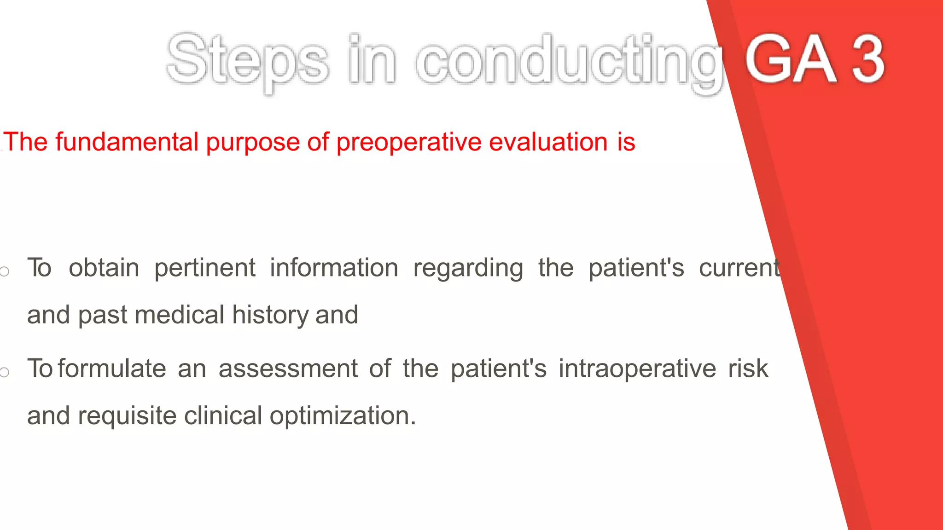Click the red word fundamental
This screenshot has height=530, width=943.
click(127, 142)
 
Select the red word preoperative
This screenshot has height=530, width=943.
click(409, 142)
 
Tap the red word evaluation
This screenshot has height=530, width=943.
click(548, 142)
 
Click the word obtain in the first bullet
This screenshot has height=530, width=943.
click(104, 268)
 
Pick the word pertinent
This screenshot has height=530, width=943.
click(204, 268)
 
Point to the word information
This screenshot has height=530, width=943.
click(334, 268)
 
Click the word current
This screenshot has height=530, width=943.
click(739, 268)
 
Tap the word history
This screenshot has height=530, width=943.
click(270, 316)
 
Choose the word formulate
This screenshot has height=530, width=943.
click(112, 369)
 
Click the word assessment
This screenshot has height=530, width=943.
click(288, 369)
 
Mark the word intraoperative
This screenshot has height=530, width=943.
click(637, 369)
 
